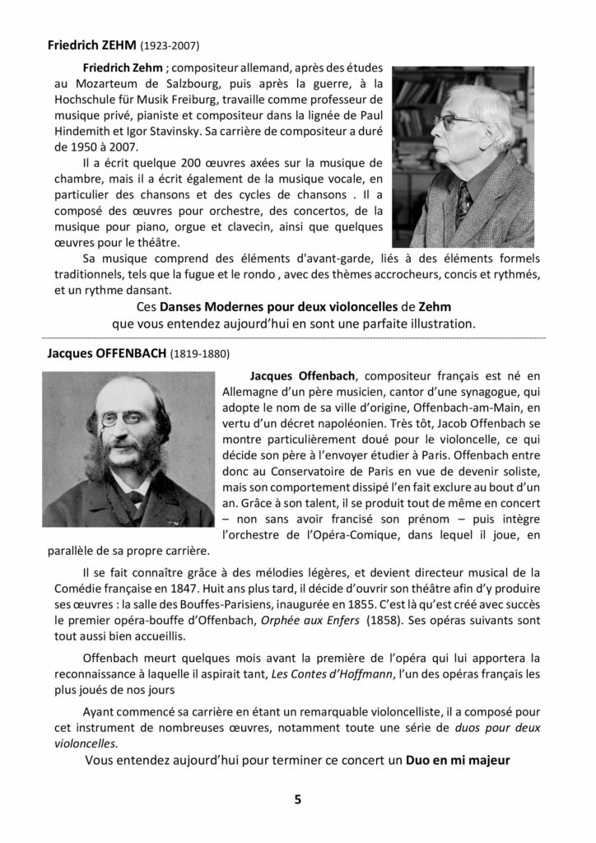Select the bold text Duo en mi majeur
tap(459, 760)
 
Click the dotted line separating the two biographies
tap(297, 338)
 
